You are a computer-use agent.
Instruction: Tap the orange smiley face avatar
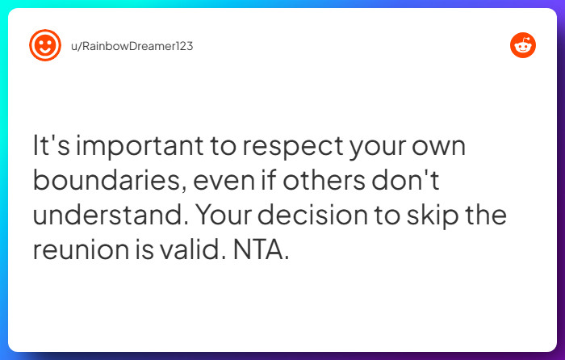pyautogui.click(x=44, y=45)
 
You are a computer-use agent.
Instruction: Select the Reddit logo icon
pyautogui.click(x=523, y=45)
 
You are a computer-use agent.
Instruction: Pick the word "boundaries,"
pyautogui.click(x=109, y=181)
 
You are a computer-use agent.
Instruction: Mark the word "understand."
pyautogui.click(x=111, y=215)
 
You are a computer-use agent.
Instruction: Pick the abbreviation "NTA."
pyautogui.click(x=260, y=249)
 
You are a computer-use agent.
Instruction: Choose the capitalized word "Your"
pyautogui.click(x=225, y=215)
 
